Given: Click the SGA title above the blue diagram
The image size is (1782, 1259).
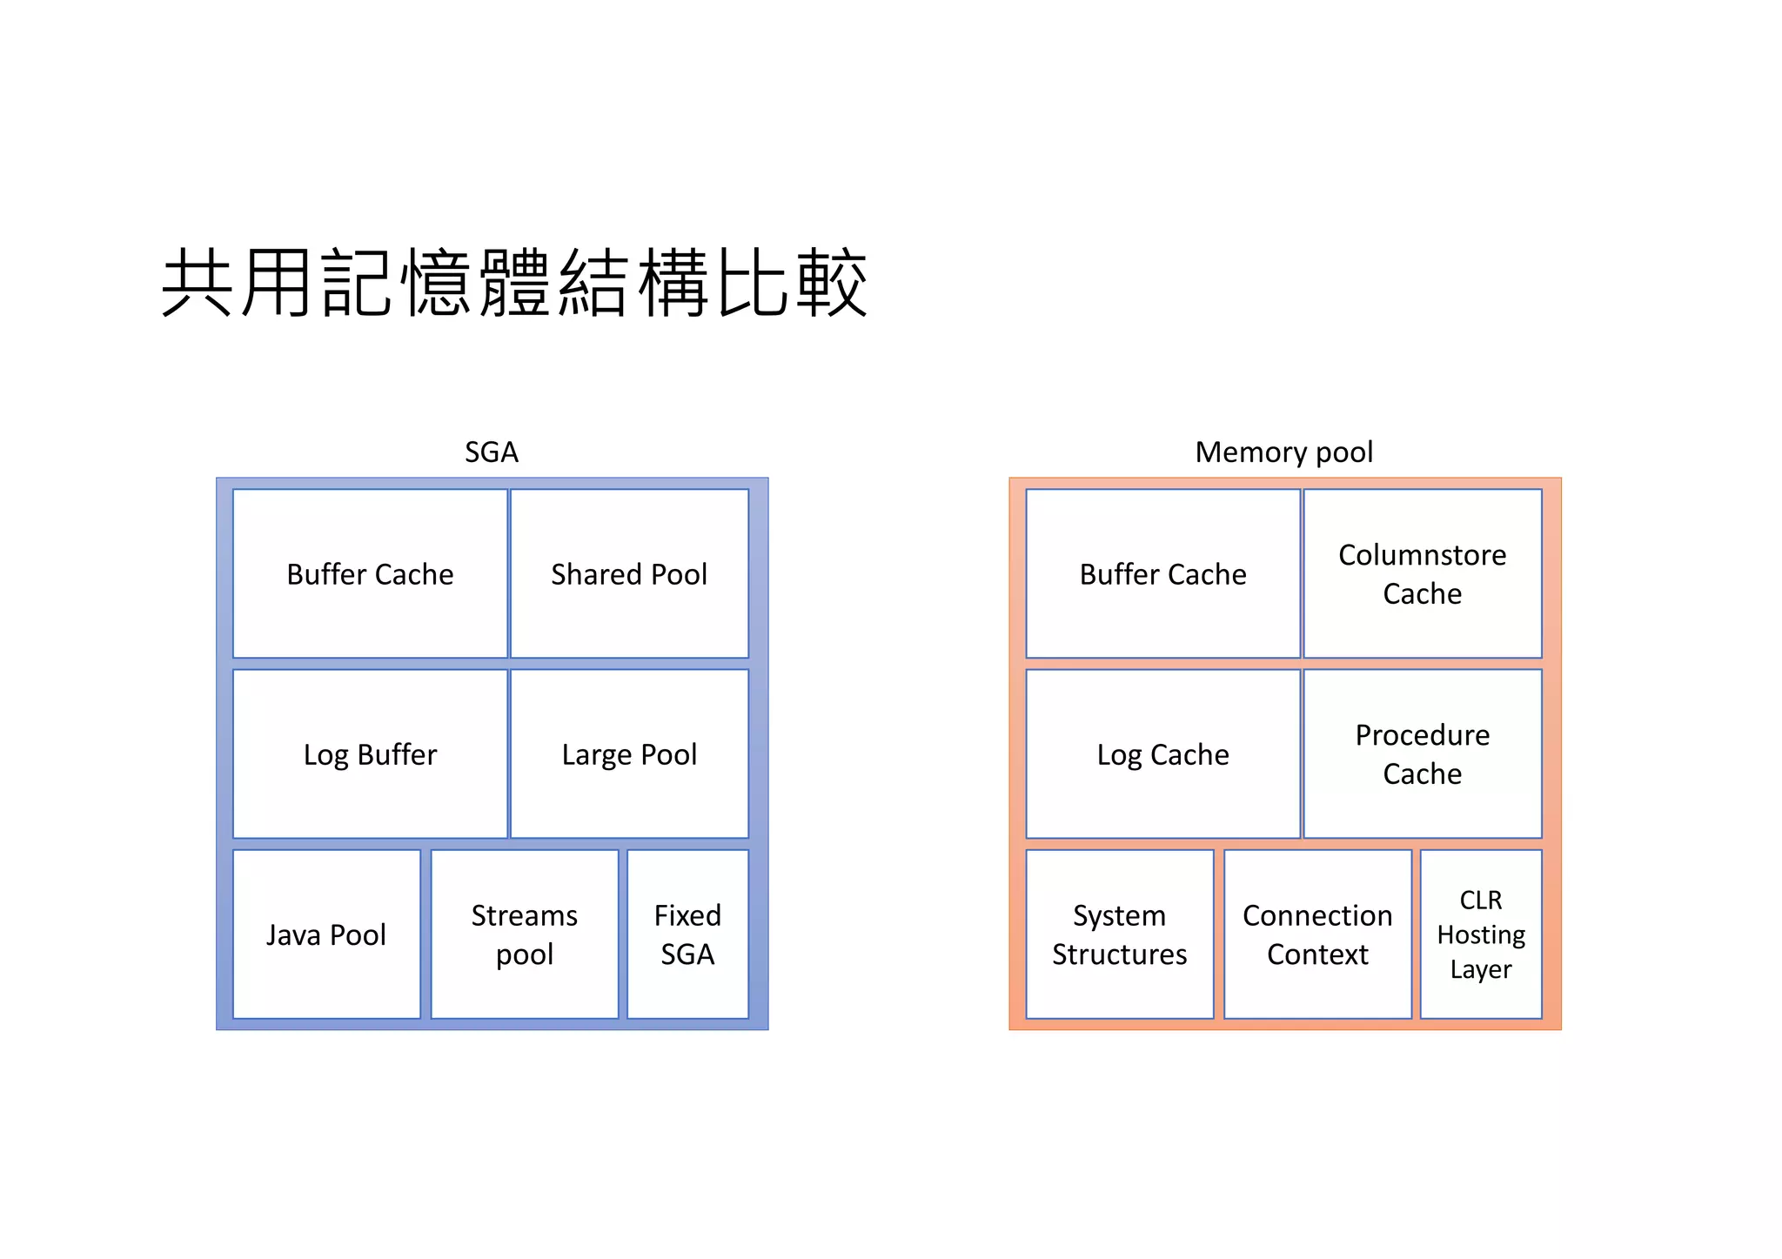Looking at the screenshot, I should (492, 452).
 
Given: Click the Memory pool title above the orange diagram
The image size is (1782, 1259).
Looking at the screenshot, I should (1283, 452).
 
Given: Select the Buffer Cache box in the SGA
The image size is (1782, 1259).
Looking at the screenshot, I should (370, 574).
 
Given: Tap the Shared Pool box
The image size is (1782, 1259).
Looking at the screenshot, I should (629, 574).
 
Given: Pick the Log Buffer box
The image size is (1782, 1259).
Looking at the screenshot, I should (370, 754).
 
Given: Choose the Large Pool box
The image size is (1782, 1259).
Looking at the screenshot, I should (629, 754).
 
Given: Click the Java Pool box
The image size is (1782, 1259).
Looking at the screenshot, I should (326, 934).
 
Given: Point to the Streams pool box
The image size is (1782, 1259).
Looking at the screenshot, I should (525, 934).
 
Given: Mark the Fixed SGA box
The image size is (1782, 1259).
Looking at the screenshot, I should (687, 934).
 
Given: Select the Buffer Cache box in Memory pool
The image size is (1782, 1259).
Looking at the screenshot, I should (1162, 574).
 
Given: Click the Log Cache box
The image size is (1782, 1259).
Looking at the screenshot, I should (1162, 754).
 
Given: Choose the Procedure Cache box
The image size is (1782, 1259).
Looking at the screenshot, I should (1422, 754).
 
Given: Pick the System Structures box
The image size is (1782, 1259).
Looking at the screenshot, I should (1119, 934).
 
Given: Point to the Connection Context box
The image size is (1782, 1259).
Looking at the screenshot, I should (1317, 934).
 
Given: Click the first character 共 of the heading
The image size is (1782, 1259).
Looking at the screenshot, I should (198, 283).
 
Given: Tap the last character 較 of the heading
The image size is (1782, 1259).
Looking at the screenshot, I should (832, 283).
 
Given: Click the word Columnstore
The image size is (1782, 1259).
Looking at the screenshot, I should (1422, 555).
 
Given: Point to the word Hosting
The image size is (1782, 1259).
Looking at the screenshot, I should (1481, 934).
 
